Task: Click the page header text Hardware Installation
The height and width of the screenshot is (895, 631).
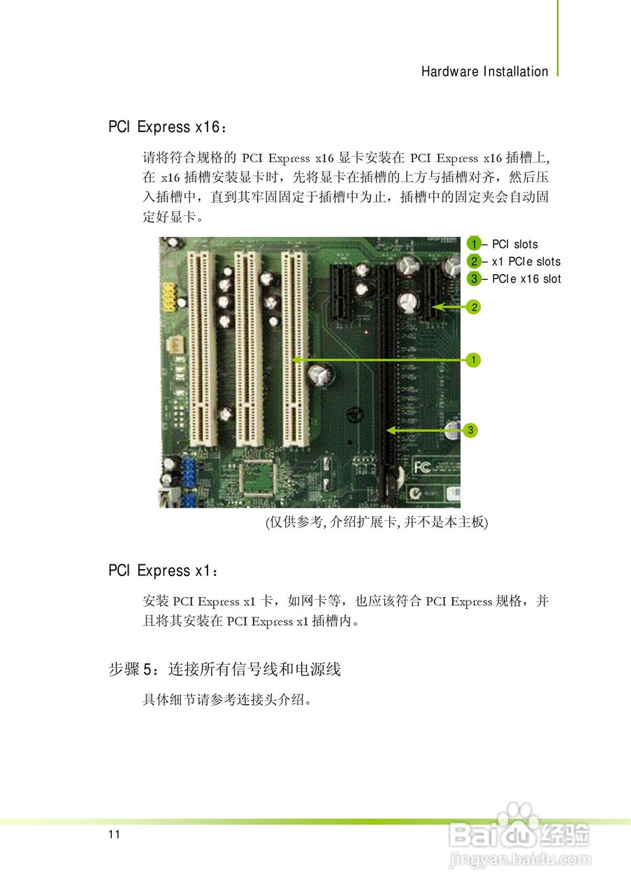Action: (484, 71)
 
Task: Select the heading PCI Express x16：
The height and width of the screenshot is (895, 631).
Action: (167, 127)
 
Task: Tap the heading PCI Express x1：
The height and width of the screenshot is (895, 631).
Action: (164, 571)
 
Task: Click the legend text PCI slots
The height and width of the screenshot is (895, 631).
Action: (514, 244)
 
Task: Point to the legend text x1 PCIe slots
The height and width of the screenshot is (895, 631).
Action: (525, 262)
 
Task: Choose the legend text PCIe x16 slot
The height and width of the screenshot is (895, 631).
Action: (525, 279)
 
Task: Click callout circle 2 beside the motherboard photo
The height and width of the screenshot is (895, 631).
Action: (474, 306)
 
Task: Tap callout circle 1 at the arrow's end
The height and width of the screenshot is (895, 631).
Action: (474, 360)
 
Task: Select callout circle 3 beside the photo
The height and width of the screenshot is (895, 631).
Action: (471, 430)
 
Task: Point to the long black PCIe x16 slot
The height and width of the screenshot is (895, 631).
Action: (386, 371)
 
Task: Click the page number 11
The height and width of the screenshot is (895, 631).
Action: (115, 835)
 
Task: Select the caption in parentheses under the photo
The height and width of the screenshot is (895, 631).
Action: (375, 522)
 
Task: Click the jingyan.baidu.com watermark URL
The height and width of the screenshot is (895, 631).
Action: (520, 859)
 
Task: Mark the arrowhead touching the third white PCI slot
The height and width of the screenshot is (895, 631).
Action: (297, 360)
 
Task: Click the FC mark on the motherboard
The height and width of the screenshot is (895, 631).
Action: (422, 466)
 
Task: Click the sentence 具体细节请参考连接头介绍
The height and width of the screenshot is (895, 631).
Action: (225, 699)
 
